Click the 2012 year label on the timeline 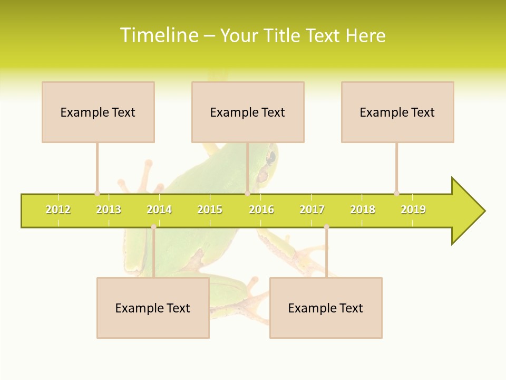tap(58, 210)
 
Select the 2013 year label tap(109, 210)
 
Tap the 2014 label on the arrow tap(159, 210)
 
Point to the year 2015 tap(210, 210)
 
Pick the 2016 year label tap(261, 210)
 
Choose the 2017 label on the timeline tap(312, 210)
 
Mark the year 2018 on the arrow tap(363, 210)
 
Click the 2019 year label tap(413, 210)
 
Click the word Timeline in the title tap(159, 35)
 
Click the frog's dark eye tap(271, 157)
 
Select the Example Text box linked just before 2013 tap(98, 112)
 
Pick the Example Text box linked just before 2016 tap(248, 112)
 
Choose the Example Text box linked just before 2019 tap(397, 112)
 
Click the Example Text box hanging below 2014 tap(153, 308)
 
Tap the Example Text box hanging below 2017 tap(326, 308)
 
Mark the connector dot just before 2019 tap(396, 193)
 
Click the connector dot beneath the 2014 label tap(153, 227)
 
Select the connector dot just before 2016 tap(247, 193)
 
